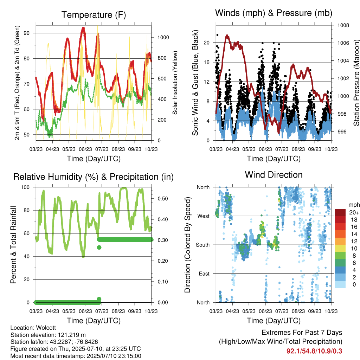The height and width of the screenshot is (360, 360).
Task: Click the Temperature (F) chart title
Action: coord(94,15)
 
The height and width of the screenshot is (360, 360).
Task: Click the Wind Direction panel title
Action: coord(274,175)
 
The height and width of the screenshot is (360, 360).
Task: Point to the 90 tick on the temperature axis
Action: coord(27,33)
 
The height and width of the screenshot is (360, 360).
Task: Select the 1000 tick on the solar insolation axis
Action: coord(163,37)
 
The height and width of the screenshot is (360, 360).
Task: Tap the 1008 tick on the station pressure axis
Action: coord(343,25)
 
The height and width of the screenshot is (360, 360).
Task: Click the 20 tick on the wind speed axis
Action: coord(206,43)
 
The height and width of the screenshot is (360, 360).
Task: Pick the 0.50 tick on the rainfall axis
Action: coord(162,199)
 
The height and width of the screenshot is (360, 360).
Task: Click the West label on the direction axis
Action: coord(204,216)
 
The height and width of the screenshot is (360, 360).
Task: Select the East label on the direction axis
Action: coord(204,274)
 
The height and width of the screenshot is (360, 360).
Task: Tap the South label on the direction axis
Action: coord(203,245)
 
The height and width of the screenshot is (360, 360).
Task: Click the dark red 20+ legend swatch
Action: coord(340,212)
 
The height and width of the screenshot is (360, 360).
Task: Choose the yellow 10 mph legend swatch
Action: coord(340,249)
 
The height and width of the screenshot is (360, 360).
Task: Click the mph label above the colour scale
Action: coord(354,205)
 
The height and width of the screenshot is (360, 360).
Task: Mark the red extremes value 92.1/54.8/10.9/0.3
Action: coord(314,351)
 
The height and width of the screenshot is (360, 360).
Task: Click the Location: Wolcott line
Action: coord(33,328)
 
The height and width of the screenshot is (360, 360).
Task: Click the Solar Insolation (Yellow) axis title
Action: coord(175,83)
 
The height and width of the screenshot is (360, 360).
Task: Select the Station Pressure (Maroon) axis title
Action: coord(356,83)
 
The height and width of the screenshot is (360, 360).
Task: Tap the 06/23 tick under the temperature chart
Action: coord(85,149)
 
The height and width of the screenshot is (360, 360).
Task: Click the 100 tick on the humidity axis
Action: coord(25,187)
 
